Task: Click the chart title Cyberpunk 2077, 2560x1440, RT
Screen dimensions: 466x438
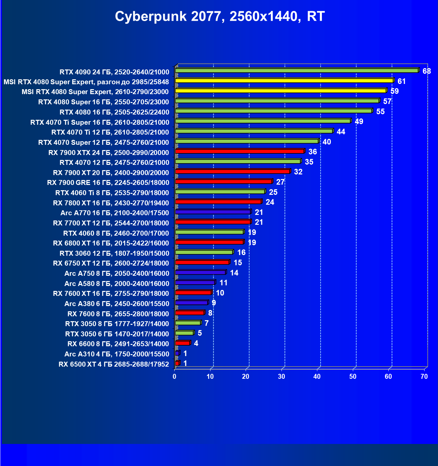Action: [220, 16]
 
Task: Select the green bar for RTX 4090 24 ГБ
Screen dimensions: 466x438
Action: [296, 70]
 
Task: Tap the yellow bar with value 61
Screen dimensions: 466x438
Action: [284, 81]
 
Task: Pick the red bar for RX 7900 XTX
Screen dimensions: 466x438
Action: [240, 151]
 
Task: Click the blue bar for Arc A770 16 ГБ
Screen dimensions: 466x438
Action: [213, 212]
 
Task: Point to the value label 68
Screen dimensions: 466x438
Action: [426, 71]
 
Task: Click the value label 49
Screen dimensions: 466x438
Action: [359, 121]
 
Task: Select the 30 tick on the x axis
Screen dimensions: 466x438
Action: [281, 376]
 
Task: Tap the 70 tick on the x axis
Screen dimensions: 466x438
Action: [424, 376]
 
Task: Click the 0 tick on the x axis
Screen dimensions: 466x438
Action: [175, 376]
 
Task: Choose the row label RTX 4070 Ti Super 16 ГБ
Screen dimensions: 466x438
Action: [100, 122]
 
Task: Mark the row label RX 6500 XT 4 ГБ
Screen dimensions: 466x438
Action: [114, 364]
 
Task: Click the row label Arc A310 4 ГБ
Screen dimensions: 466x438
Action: [117, 354]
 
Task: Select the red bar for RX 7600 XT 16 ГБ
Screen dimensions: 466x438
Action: [193, 292]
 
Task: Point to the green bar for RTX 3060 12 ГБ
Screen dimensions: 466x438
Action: [204, 252]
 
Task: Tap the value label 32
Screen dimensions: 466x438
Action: [298, 172]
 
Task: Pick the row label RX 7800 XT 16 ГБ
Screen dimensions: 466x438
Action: [111, 203]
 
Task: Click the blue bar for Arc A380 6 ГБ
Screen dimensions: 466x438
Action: [191, 302]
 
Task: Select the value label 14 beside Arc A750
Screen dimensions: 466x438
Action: [234, 273]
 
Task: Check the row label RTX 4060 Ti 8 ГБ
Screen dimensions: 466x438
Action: [112, 193]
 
